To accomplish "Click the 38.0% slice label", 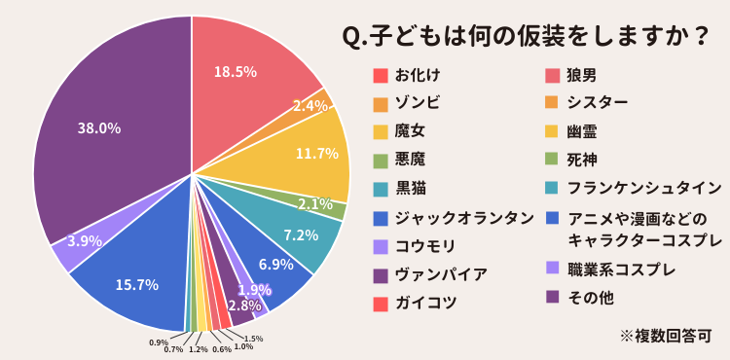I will coord(99,127).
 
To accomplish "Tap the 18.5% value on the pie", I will coord(235,71).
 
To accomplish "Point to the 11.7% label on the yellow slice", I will coord(316,154).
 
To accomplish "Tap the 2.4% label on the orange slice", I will coord(310,105).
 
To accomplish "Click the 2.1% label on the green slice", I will coord(317,203).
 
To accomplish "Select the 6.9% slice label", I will coord(276,264).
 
